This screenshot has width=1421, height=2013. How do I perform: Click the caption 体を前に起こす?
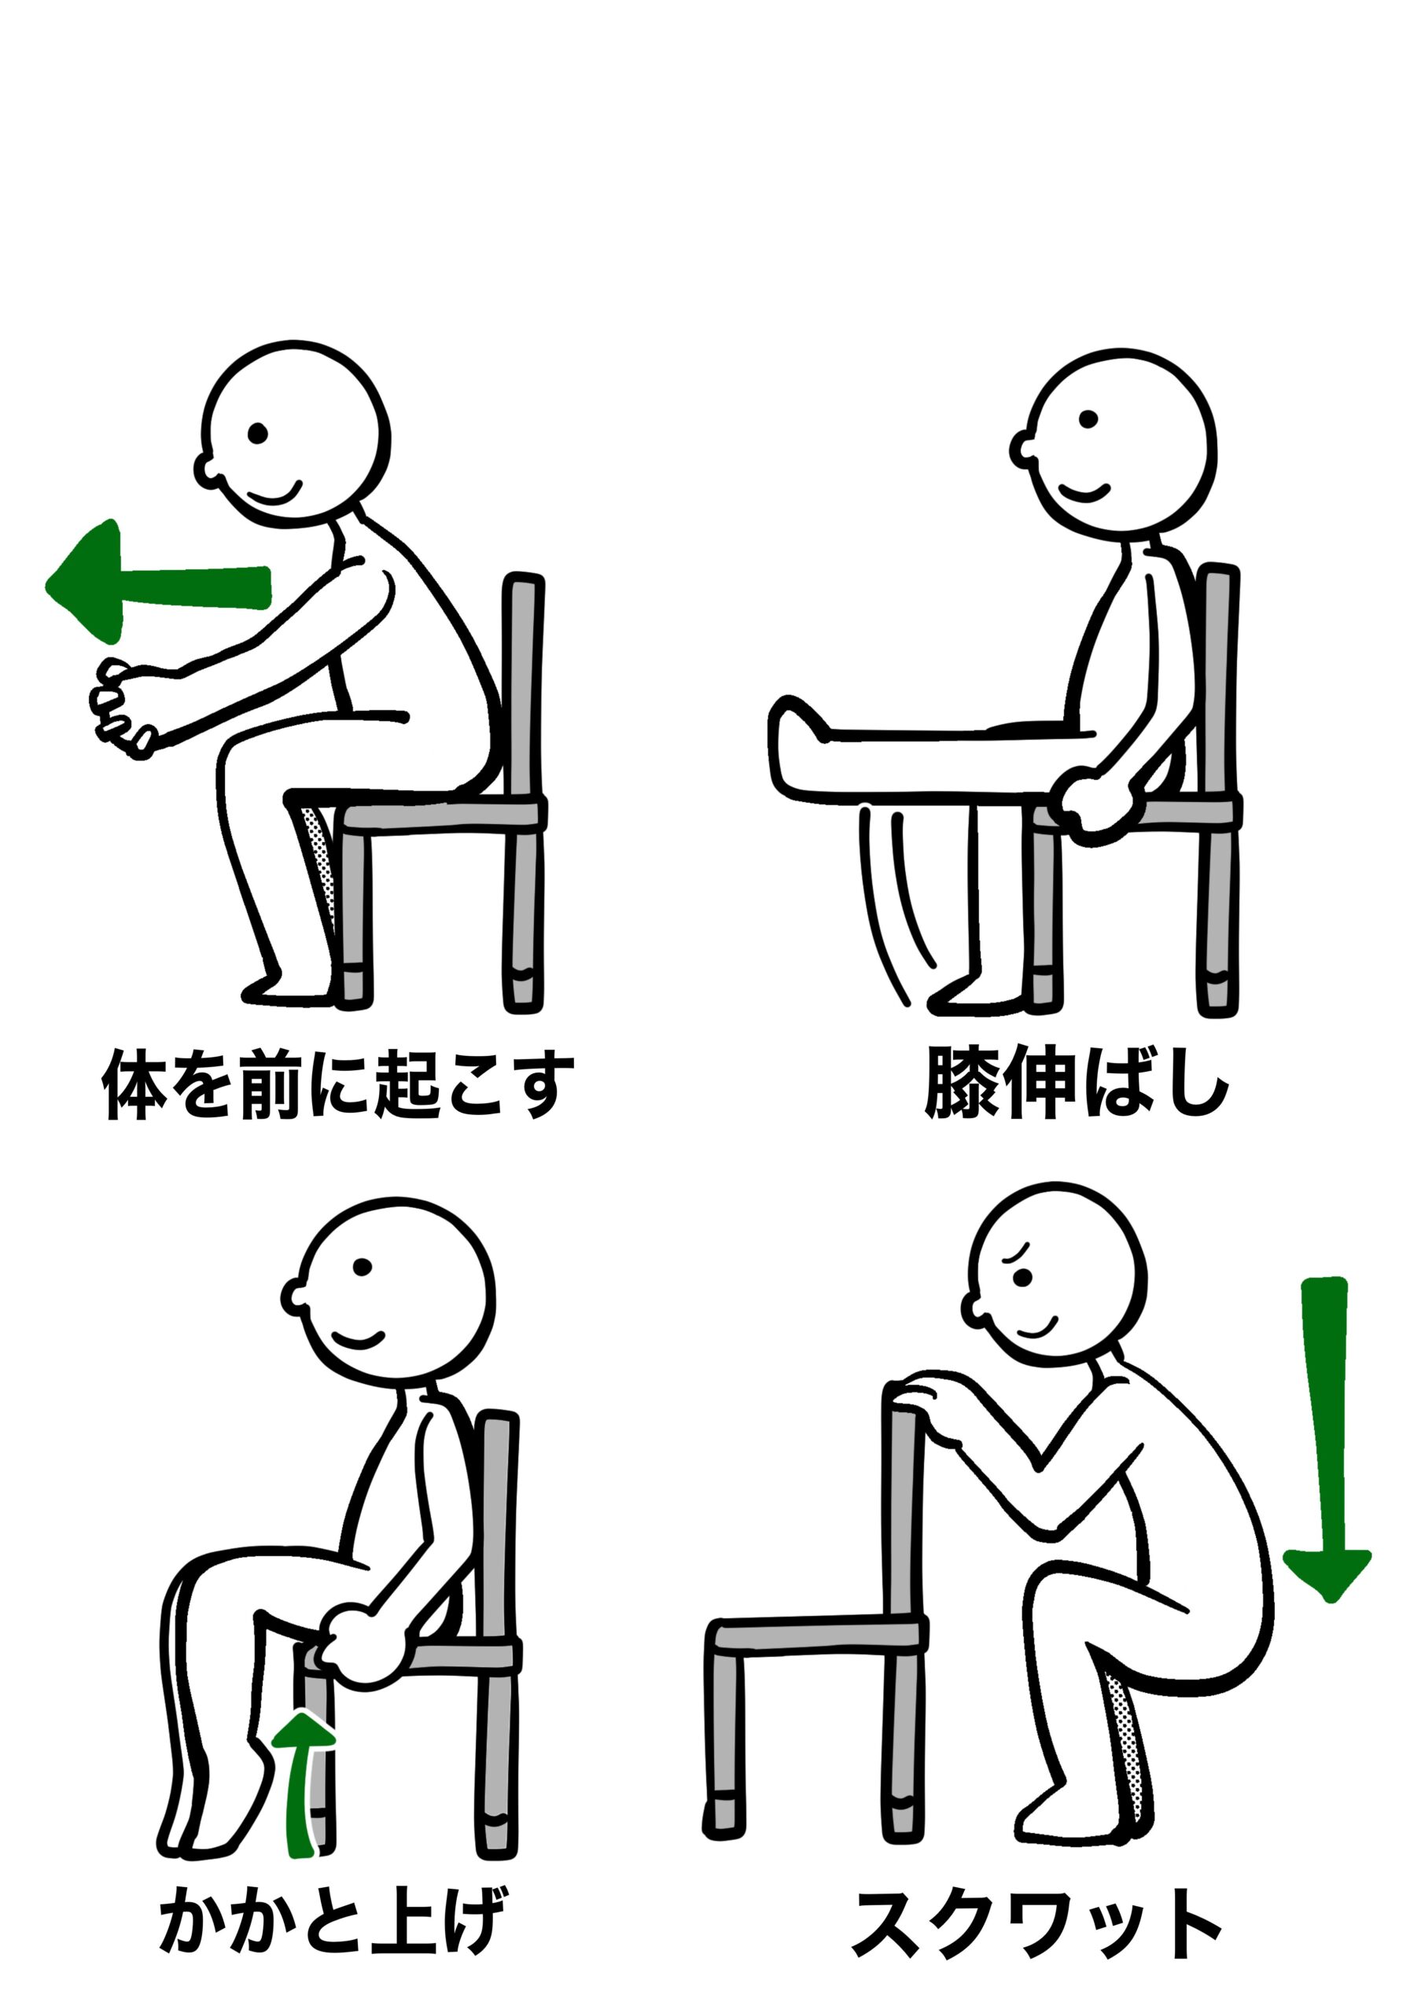[338, 1084]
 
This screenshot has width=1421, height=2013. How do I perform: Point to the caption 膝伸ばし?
[1077, 1084]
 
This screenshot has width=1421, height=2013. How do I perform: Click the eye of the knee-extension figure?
[1088, 420]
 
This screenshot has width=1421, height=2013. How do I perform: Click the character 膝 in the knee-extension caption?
[962, 1084]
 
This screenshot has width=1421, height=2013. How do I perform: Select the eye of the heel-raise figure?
[362, 1267]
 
